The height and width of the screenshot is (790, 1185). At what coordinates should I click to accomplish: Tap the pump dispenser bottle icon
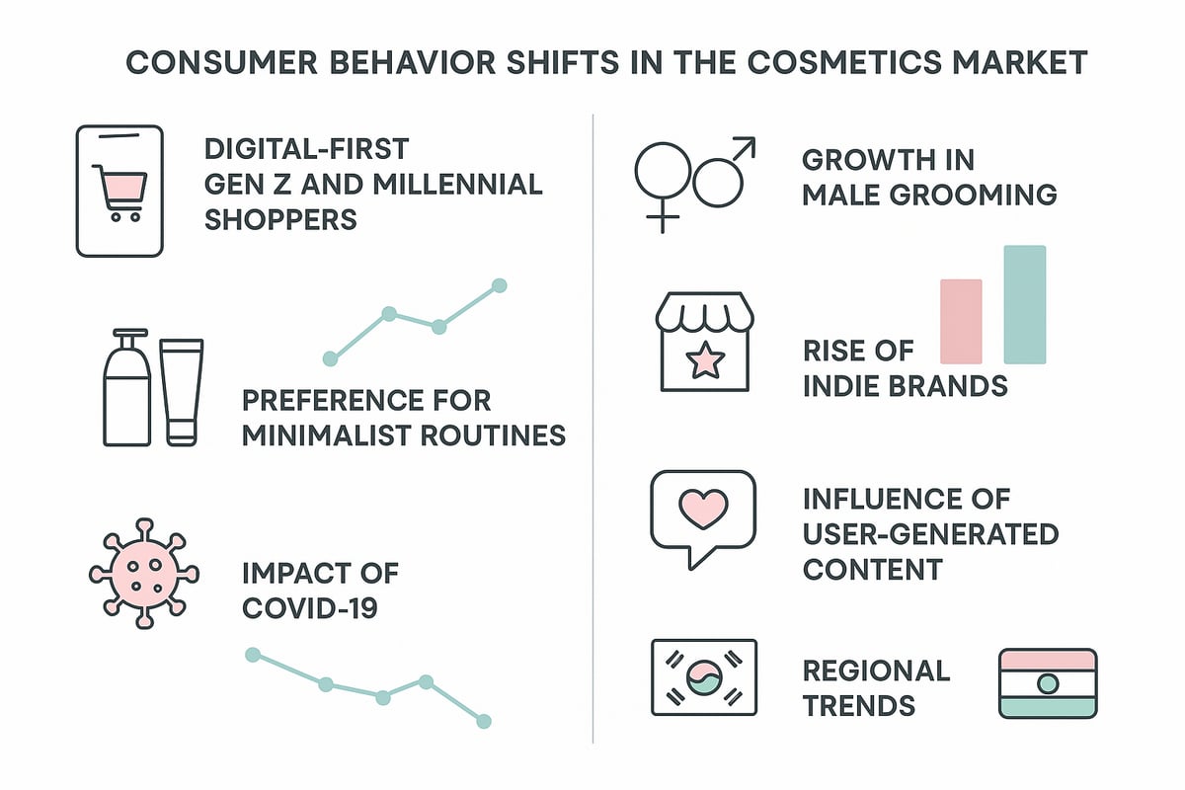[127, 390]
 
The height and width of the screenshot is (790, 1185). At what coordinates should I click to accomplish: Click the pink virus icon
[144, 573]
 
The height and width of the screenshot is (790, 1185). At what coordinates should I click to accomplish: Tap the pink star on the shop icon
[705, 361]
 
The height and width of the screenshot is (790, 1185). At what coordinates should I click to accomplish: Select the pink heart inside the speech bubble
[703, 509]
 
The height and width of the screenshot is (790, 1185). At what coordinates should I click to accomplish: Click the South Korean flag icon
[703, 677]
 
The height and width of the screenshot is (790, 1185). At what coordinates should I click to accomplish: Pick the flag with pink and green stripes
[1048, 683]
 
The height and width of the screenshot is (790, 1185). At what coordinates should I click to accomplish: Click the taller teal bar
[1024, 304]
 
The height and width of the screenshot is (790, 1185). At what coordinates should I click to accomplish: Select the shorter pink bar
[961, 321]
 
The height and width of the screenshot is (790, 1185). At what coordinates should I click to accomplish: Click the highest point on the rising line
[499, 285]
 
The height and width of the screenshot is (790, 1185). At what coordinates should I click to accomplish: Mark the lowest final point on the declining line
[483, 722]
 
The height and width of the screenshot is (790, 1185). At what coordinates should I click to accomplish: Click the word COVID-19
[309, 607]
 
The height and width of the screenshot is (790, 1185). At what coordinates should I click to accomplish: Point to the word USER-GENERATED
[930, 534]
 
